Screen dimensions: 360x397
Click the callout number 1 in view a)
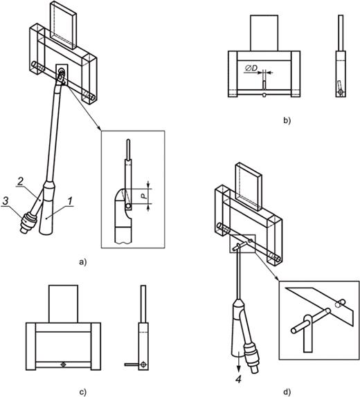coord(69,201)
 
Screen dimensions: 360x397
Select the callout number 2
coord(21,181)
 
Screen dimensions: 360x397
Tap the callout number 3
coord(6,201)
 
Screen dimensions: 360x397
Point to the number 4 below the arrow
coord(239,379)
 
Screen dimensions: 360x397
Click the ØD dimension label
coord(251,68)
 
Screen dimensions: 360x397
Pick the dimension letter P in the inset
coord(144,196)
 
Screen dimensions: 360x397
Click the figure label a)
coord(82,262)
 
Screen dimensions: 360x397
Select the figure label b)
coord(287,121)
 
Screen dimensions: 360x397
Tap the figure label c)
coord(83,392)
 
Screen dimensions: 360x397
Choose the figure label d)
coord(287,392)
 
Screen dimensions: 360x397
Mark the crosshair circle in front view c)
coord(63,364)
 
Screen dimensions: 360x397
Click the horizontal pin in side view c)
coord(132,364)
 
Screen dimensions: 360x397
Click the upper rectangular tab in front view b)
coord(264,33)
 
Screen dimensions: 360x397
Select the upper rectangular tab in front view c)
coord(64,304)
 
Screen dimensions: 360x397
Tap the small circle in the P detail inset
coord(129,206)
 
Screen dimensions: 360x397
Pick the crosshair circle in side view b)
coord(341,92)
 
